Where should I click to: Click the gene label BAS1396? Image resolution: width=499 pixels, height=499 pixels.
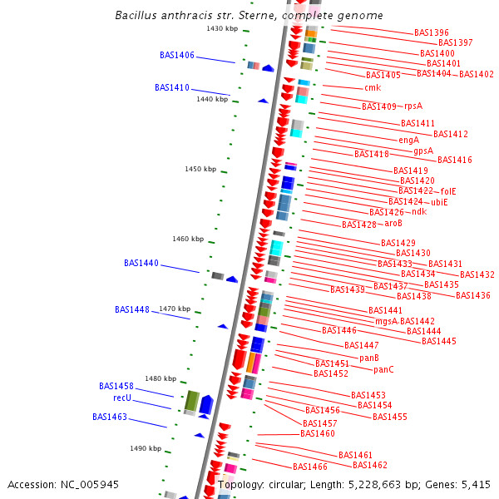(431, 33)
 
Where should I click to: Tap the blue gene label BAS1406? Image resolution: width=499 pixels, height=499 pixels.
(176, 56)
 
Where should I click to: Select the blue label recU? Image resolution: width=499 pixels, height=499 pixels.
(122, 398)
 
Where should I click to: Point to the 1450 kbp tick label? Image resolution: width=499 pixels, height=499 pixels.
(200, 169)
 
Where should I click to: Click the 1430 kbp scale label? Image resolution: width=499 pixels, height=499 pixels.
(222, 29)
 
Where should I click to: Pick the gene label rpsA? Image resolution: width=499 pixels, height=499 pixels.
(413, 106)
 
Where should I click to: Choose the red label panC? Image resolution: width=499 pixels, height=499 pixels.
(383, 370)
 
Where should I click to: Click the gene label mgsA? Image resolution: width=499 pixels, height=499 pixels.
(386, 321)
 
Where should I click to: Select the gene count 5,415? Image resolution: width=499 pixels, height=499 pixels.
(476, 484)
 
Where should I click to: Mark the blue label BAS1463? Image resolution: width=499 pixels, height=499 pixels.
(110, 417)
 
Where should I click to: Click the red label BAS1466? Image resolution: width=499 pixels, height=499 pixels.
(309, 467)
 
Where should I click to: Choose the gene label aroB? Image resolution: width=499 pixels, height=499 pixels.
(393, 224)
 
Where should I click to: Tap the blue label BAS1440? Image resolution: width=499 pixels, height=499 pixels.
(141, 264)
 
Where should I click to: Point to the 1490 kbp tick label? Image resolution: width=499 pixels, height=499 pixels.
(145, 448)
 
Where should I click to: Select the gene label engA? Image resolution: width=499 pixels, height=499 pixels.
(408, 140)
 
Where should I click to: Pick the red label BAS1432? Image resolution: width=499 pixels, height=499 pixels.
(477, 275)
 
